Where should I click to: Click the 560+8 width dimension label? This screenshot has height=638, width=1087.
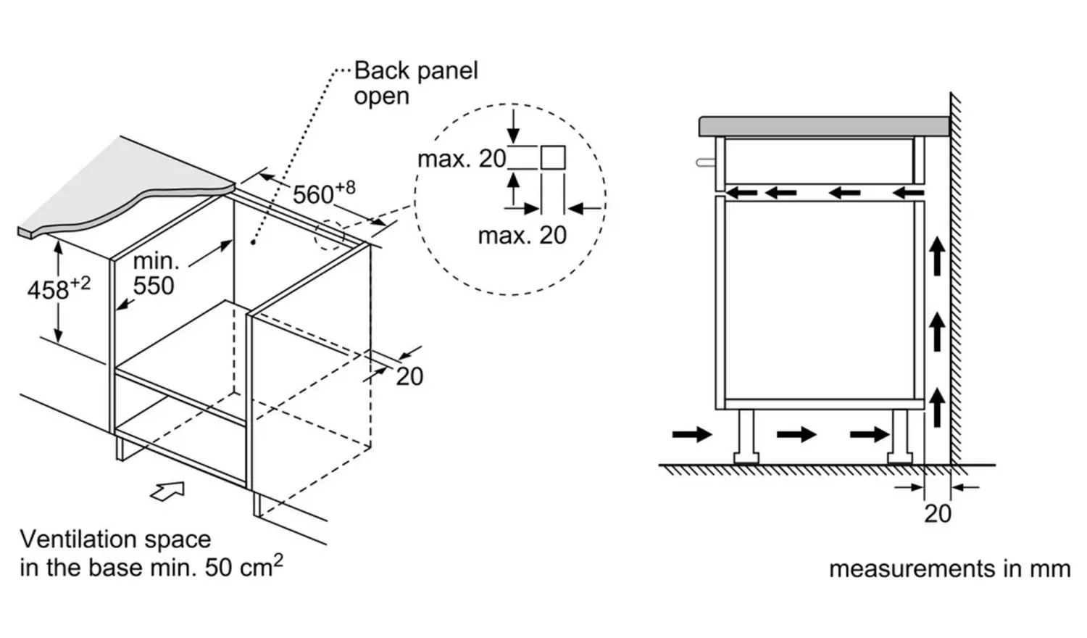pyautogui.click(x=322, y=194)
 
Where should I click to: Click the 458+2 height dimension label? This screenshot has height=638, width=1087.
pyautogui.click(x=58, y=289)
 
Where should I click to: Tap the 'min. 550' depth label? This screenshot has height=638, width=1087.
pyautogui.click(x=154, y=274)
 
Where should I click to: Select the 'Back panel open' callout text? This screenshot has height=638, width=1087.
pyautogui.click(x=415, y=83)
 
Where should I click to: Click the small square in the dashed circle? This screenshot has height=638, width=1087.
pyautogui.click(x=553, y=157)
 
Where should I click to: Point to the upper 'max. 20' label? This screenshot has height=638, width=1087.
pyautogui.click(x=462, y=159)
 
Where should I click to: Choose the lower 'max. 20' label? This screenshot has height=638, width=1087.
pyautogui.click(x=522, y=235)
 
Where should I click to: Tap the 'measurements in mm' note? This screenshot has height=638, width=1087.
pyautogui.click(x=949, y=568)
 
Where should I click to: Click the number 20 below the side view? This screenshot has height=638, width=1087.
pyautogui.click(x=937, y=513)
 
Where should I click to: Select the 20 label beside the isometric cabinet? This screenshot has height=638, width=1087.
pyautogui.click(x=409, y=376)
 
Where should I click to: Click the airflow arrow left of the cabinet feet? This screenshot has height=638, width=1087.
pyautogui.click(x=692, y=434)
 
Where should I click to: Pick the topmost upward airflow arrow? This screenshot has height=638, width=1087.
pyautogui.click(x=938, y=257)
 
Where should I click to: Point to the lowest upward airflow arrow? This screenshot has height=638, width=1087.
pyautogui.click(x=938, y=407)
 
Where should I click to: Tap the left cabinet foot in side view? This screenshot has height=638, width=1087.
pyautogui.click(x=746, y=436)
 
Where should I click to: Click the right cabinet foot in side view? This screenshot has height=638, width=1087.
pyautogui.click(x=901, y=436)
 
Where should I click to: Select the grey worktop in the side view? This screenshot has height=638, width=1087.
pyautogui.click(x=823, y=126)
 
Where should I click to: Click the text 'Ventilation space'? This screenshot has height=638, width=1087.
pyautogui.click(x=115, y=539)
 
